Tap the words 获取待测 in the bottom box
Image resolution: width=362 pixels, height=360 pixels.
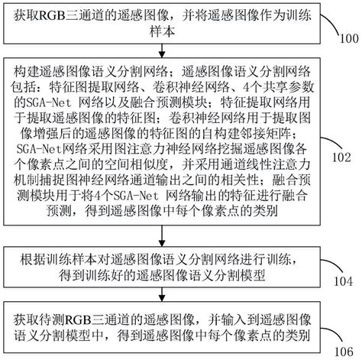coord(44,316)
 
